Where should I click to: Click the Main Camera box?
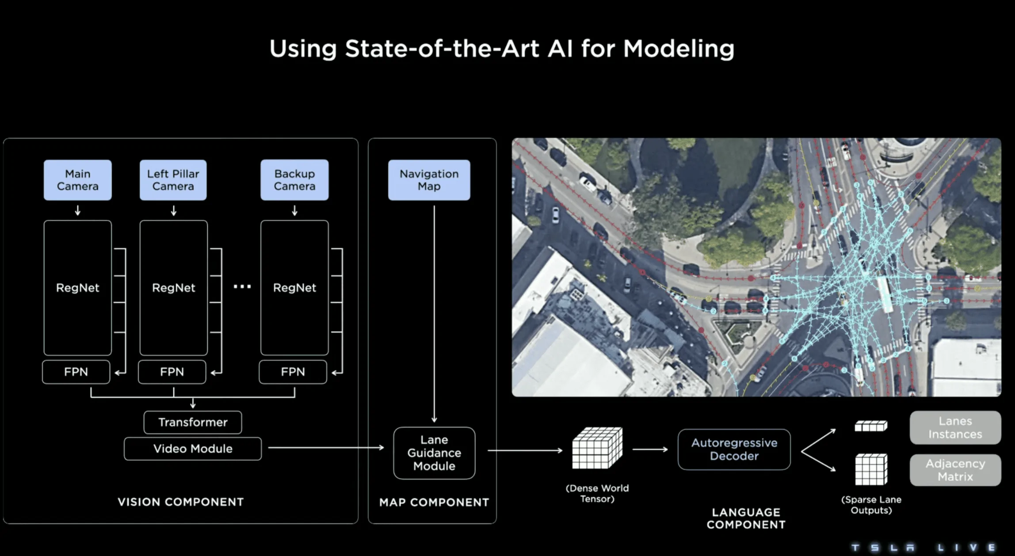tap(78, 180)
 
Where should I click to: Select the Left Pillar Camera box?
tap(173, 180)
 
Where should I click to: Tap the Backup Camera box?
tap(294, 180)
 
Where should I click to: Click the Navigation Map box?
tap(429, 180)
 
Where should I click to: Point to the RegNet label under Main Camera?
tap(78, 288)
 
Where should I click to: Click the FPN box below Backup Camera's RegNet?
tap(293, 372)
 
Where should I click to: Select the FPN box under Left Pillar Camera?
tap(172, 372)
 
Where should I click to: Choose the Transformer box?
tap(193, 422)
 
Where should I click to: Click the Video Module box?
tap(193, 449)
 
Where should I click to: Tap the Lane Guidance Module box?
tap(434, 453)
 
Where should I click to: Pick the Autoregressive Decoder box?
tap(734, 449)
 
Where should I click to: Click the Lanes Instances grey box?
tap(955, 427)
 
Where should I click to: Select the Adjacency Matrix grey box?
tap(955, 470)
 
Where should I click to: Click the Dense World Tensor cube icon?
tap(597, 448)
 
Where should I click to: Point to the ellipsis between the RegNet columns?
tap(242, 287)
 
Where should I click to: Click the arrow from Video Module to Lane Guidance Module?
tap(326, 448)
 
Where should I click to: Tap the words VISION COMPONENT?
tap(180, 502)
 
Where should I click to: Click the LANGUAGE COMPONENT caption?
tap(746, 518)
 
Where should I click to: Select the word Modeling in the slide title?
tap(679, 49)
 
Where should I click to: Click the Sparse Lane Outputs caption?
tap(871, 505)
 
